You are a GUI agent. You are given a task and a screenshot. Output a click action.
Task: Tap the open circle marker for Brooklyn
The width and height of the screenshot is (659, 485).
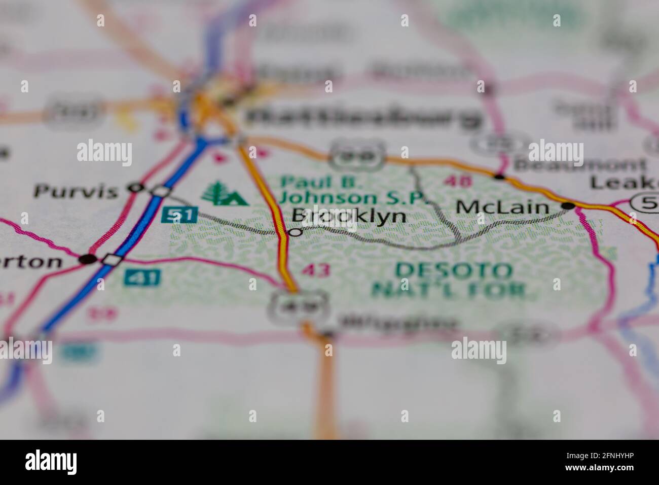tap(295, 232)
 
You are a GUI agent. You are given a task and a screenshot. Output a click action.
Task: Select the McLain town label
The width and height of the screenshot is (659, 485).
tap(502, 206)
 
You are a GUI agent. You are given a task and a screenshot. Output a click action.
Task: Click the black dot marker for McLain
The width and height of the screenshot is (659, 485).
tap(568, 206)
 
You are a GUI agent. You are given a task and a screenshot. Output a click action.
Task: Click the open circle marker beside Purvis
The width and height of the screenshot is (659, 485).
tap(135, 188)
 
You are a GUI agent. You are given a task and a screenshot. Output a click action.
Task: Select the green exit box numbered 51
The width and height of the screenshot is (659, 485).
tap(179, 215)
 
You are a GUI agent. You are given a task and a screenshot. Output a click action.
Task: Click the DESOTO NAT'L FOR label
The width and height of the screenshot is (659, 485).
tap(452, 280)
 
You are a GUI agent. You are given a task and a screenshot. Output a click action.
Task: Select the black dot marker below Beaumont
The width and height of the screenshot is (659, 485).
tap(500, 177)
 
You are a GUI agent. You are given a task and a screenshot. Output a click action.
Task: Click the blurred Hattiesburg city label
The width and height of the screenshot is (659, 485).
tap(362, 118)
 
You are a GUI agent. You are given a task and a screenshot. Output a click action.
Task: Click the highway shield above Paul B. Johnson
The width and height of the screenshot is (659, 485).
tap(355, 154)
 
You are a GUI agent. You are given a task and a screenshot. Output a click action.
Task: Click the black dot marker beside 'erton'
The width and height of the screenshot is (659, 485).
tap(87, 259)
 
